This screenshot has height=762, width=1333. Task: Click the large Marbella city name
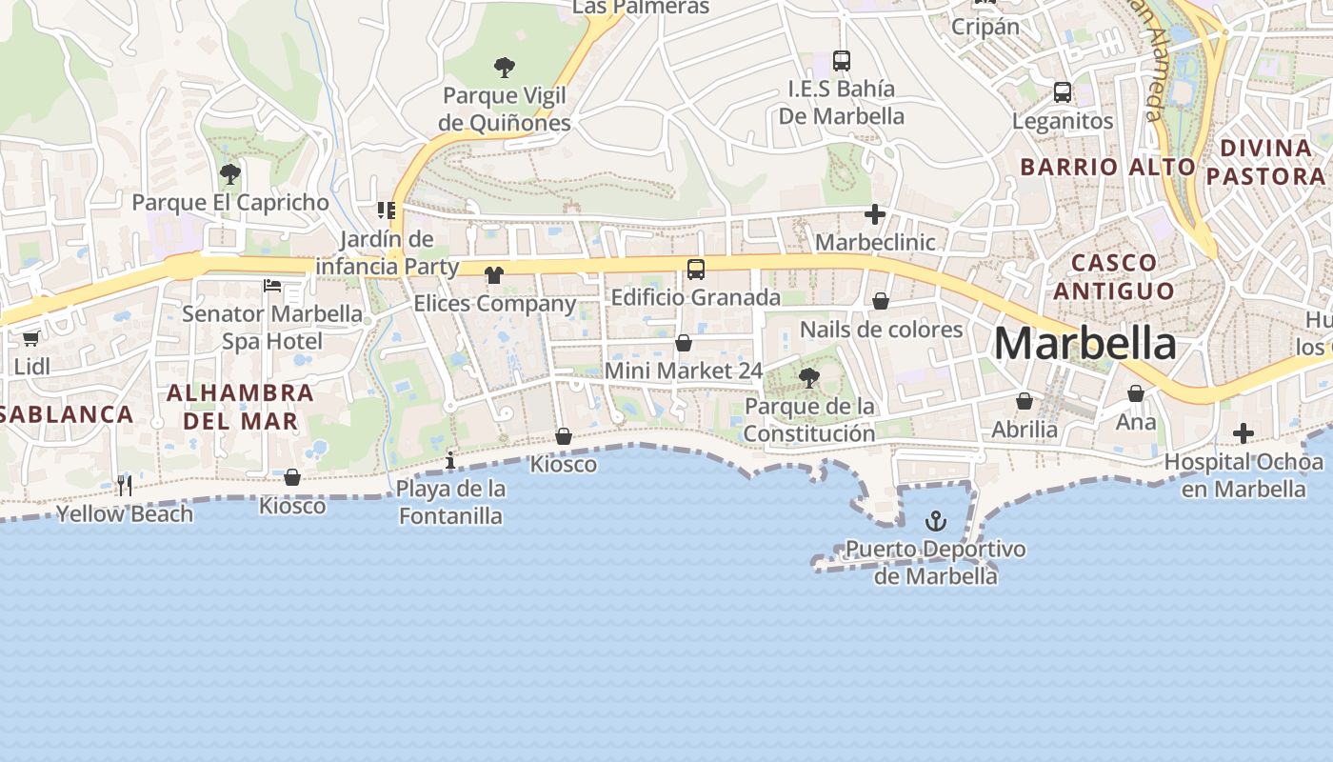1084,344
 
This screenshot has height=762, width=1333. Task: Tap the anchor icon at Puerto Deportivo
936,521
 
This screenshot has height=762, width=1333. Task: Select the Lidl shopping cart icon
30,338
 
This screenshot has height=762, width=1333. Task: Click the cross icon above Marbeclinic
875,214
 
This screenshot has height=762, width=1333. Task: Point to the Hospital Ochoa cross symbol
1243,433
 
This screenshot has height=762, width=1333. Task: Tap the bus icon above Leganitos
1063,92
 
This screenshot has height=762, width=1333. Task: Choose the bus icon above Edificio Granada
696,269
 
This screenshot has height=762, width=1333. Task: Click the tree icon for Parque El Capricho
229,174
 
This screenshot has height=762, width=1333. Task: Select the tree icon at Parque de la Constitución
809,378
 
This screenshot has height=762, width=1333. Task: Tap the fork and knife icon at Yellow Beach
125,486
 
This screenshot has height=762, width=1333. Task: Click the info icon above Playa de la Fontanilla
450,462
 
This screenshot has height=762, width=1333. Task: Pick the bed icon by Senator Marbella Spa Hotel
272,285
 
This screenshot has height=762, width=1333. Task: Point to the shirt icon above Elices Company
493,275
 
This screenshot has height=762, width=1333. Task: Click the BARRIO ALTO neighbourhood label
1107,167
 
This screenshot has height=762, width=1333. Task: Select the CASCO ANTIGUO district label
1114,276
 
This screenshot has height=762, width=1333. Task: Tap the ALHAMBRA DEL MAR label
240,406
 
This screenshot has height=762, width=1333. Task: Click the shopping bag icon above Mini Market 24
684,343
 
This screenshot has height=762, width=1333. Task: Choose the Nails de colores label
881,330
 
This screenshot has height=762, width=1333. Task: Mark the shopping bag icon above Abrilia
1025,401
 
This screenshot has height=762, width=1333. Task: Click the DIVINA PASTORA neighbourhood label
1265,162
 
